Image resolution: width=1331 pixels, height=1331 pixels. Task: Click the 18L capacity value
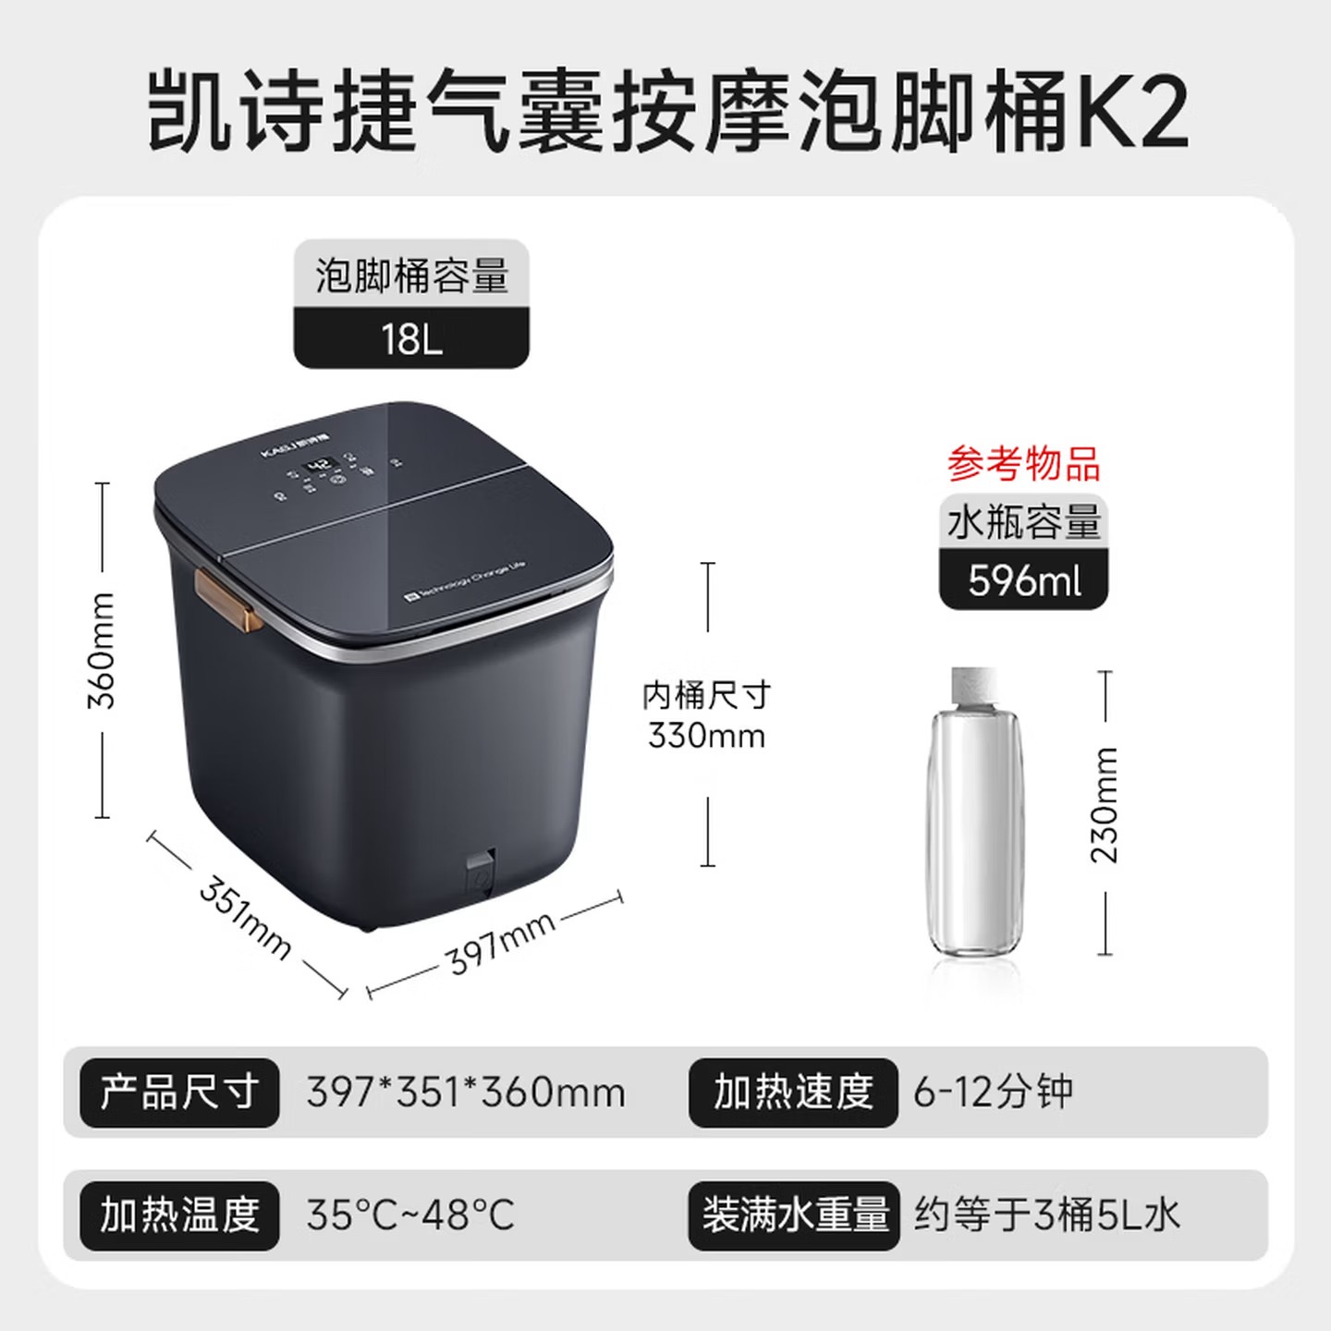pos(411,339)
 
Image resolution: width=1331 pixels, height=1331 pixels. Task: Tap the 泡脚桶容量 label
pos(411,275)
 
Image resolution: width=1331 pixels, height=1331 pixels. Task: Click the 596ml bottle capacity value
pos(1024,580)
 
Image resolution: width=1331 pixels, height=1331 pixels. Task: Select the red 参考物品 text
pos(1023,463)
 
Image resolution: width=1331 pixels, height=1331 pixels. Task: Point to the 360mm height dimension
pos(102,651)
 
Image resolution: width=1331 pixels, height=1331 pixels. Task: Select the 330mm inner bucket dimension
pos(707,736)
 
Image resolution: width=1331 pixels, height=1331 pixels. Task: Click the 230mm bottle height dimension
pos(1105,805)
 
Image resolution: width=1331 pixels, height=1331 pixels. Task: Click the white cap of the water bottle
pos(973,684)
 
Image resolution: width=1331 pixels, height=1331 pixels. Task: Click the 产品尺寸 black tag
pos(179,1093)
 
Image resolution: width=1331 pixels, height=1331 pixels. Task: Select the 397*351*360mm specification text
pos(466,1093)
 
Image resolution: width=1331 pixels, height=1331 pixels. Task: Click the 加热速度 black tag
pos(793,1093)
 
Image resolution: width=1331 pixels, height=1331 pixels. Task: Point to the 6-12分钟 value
pos(994,1093)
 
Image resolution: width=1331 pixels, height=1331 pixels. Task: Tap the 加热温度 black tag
pos(179,1215)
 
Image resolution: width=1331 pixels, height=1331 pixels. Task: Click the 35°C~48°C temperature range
pos(410,1215)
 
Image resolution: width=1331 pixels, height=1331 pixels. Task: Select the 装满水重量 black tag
pos(794,1215)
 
